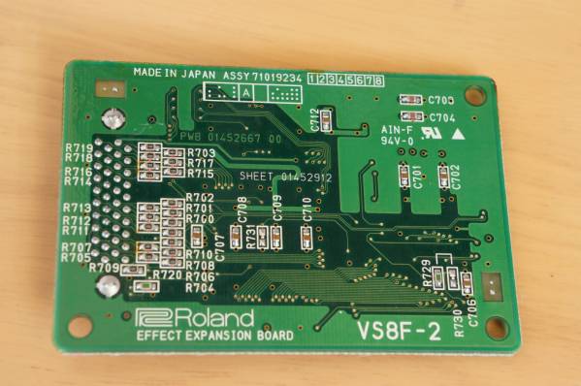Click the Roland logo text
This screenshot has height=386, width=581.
tap(195, 318)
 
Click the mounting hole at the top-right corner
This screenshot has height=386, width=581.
tap(474, 95)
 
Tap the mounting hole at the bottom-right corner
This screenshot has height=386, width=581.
tap(497, 328)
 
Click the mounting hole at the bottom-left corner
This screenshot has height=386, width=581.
tap(81, 326)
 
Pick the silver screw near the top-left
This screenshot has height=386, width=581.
tap(114, 119)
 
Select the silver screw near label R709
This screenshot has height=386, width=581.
tap(109, 285)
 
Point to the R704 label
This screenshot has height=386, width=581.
tap(200, 288)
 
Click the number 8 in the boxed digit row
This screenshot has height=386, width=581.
tap(377, 79)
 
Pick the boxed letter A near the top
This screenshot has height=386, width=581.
tap(246, 92)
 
